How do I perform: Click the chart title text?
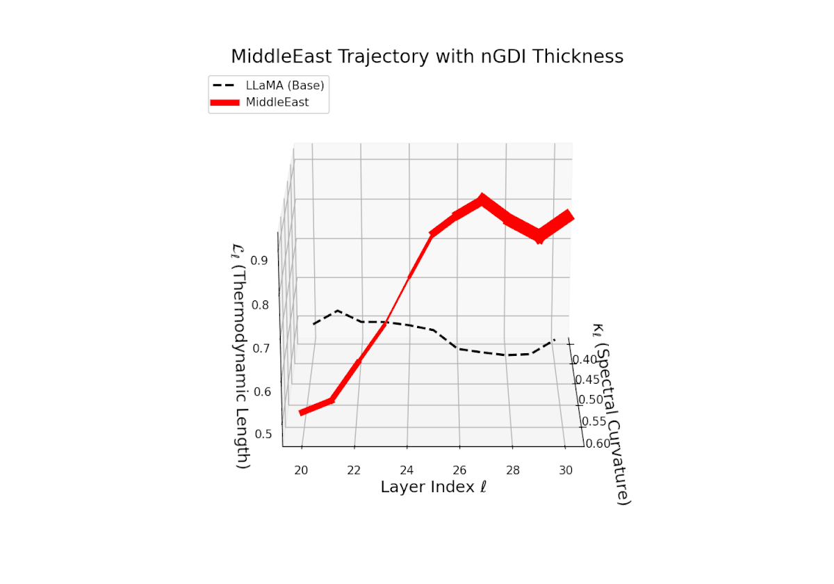tap(427, 56)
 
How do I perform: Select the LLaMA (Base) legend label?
tap(285, 86)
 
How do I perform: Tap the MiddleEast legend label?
tap(277, 102)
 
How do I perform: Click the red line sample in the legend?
tap(224, 102)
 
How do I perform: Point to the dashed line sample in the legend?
tap(224, 86)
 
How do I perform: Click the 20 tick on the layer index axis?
tap(302, 469)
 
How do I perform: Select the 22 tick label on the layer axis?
tap(354, 469)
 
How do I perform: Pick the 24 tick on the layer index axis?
tap(407, 469)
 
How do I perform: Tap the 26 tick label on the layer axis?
tap(460, 469)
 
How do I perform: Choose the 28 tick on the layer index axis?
tap(513, 469)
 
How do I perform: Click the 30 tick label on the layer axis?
tap(566, 469)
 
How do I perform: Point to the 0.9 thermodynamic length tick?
tap(260, 261)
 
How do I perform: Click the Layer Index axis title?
tap(433, 487)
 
